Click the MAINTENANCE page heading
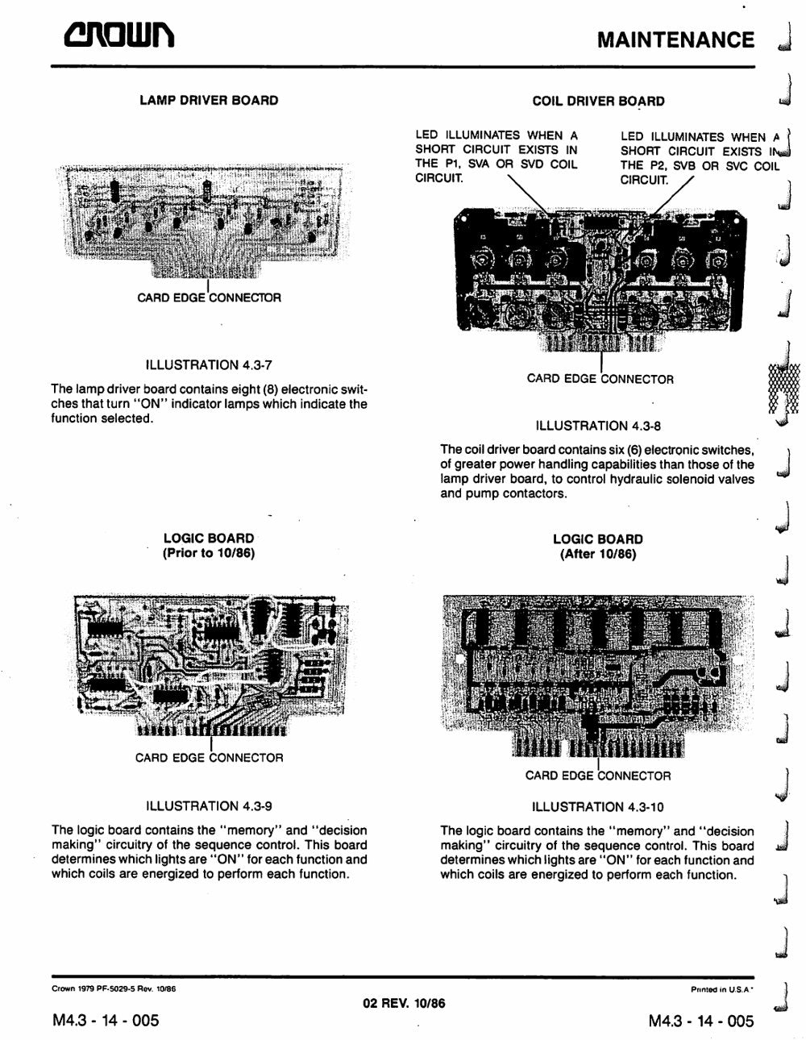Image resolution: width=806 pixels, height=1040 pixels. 676,40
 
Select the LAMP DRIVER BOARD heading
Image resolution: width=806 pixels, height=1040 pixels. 209,101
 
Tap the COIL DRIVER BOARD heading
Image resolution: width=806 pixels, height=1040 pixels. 598,101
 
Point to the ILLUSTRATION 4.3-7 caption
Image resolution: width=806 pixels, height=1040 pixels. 209,365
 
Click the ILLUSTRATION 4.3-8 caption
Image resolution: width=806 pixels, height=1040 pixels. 598,426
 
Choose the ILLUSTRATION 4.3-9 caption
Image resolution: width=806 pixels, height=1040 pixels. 209,806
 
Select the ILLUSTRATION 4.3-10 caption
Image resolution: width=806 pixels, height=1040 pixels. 598,807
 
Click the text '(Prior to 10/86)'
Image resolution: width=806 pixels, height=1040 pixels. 209,553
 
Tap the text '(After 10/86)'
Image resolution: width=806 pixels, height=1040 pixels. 598,554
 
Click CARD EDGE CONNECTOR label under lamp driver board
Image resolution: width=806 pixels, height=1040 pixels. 209,297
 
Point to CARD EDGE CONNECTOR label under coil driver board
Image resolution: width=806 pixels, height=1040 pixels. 600,379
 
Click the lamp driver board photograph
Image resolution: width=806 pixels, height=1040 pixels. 205,221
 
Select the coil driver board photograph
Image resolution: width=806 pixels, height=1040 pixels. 600,279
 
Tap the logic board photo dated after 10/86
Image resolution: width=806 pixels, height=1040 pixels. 598,676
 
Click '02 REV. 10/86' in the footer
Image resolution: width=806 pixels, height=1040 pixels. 404,1003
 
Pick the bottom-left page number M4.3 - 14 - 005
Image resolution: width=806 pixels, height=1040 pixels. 106,1020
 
